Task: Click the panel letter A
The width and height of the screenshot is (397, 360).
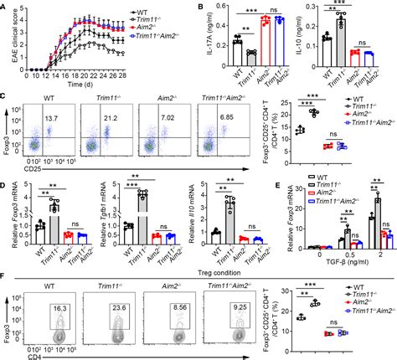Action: [6, 7]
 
